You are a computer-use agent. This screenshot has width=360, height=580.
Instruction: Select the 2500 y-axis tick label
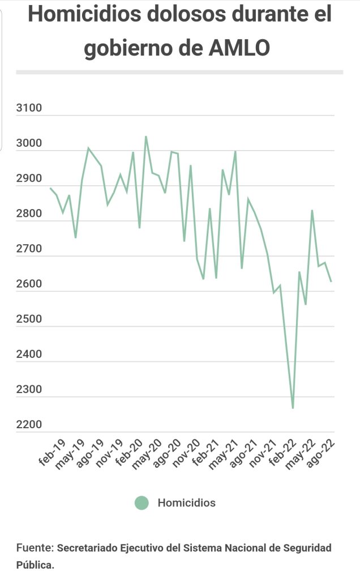[30, 319]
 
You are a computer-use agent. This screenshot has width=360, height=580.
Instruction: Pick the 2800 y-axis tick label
[30, 214]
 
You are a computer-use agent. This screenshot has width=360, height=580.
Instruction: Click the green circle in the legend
[142, 502]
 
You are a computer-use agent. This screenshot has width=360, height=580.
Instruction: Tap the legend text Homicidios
[186, 502]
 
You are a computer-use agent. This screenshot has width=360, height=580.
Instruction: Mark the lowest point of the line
[293, 408]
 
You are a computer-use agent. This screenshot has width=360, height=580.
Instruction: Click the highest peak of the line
[146, 137]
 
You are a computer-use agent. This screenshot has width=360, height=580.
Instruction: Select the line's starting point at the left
[50, 188]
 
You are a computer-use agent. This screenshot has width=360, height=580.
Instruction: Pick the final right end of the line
[331, 282]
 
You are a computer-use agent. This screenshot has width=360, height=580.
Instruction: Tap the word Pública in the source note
[35, 564]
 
